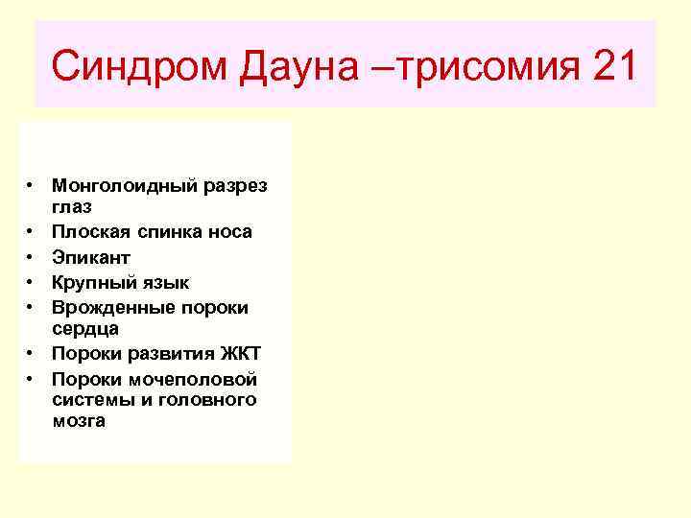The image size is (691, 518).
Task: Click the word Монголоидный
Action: point(127,183)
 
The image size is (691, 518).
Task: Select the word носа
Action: point(229,231)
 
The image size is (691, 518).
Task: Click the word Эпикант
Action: point(91,257)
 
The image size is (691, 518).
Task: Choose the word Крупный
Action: point(92,282)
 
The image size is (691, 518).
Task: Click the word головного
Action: point(210,399)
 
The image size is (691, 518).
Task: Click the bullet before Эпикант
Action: point(32,257)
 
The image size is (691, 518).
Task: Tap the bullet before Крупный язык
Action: point(32,282)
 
